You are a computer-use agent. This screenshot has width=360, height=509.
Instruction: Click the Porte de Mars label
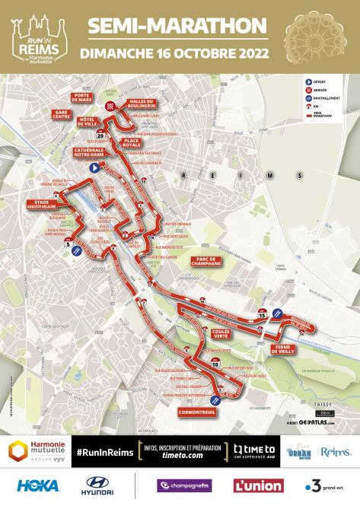82,97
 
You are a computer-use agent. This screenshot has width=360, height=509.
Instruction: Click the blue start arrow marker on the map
95,167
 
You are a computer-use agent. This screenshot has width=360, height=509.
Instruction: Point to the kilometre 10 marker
216,364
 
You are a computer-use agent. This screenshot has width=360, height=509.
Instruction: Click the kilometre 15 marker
262,313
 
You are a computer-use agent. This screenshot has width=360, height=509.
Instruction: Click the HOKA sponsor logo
38,484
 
